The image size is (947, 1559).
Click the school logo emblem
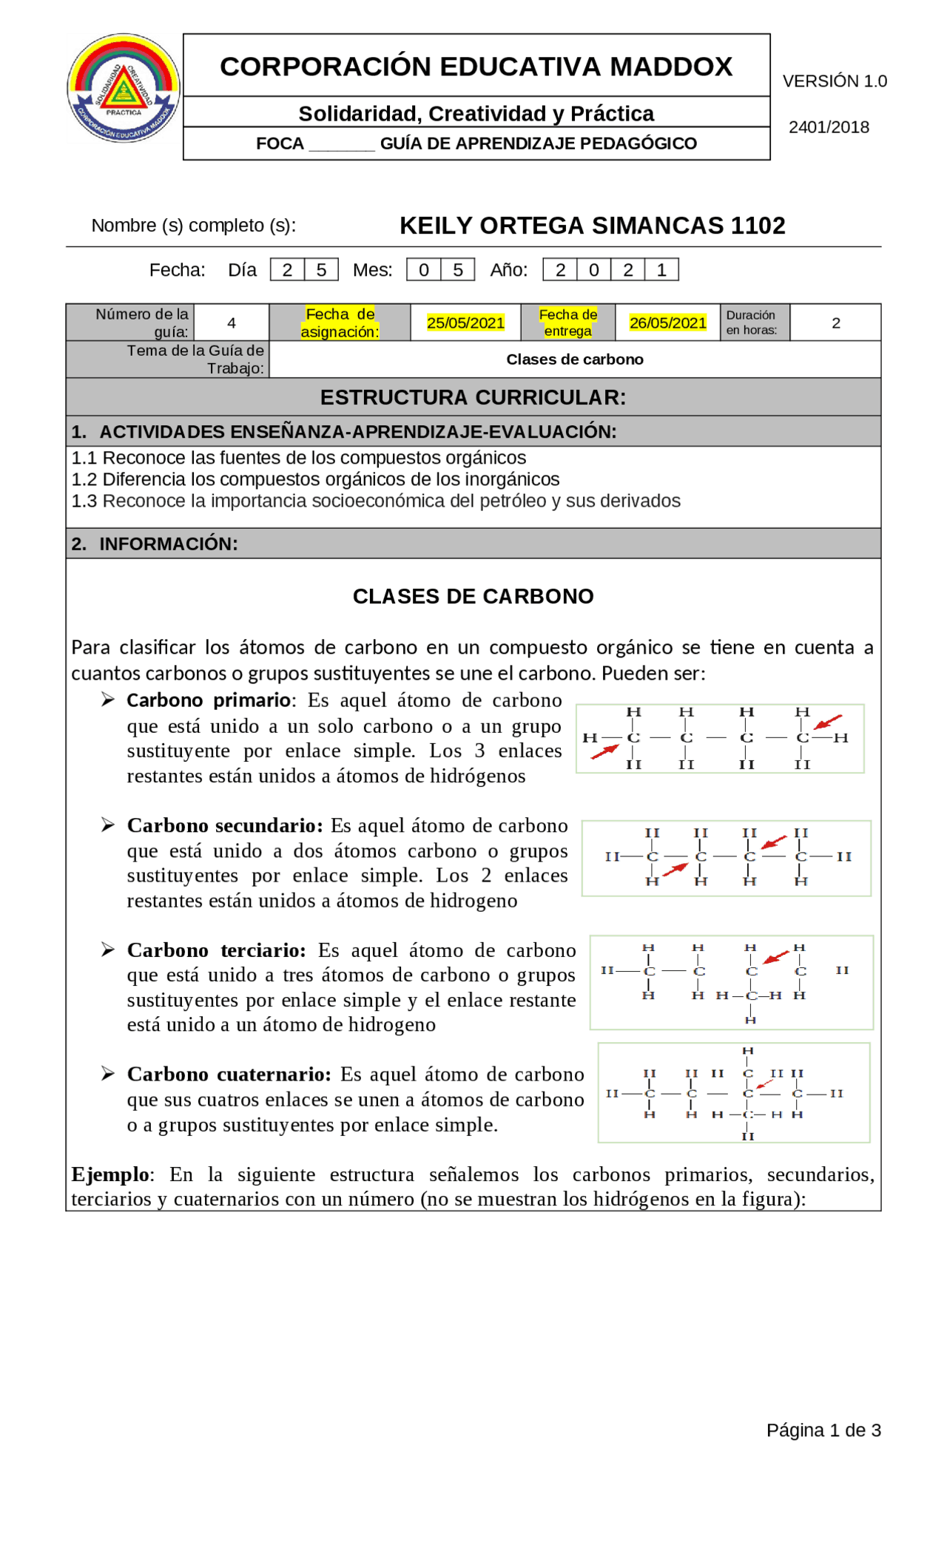(124, 88)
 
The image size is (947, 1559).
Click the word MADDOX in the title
(670, 67)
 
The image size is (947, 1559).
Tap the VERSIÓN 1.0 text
(834, 81)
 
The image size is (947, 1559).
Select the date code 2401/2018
(829, 127)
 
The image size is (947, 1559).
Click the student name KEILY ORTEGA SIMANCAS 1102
(592, 226)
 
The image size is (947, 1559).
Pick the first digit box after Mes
(424, 270)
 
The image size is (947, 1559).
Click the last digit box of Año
(661, 270)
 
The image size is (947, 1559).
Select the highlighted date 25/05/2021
(465, 323)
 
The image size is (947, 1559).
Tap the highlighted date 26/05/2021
(667, 323)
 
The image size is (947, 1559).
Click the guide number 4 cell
(232, 323)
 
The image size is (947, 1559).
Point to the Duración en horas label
(752, 322)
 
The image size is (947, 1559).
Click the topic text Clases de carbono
(574, 359)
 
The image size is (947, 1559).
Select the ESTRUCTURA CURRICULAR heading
(473, 397)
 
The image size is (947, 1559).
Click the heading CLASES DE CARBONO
(473, 596)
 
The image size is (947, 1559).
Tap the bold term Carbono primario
(209, 700)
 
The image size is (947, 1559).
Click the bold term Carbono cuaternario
(229, 1074)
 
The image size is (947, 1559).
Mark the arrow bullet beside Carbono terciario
(108, 950)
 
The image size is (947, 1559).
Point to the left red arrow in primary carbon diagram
(604, 752)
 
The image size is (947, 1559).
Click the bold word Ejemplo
(110, 1174)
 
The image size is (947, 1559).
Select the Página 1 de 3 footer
(823, 1430)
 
